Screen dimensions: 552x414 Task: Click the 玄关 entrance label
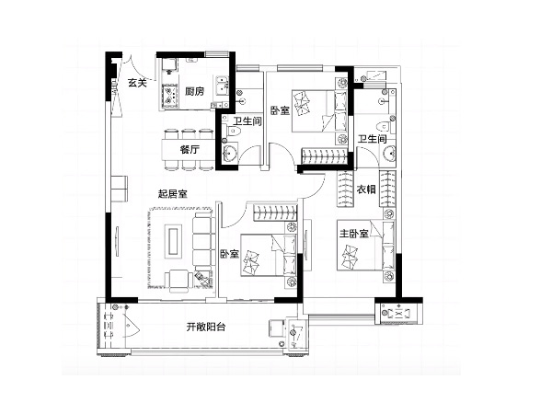136,83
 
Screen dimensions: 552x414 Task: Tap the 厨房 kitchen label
194,91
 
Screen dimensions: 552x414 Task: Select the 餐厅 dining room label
190,150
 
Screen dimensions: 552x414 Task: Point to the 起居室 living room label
173,193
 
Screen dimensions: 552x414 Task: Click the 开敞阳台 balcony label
206,327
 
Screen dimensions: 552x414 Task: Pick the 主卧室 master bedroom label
354,234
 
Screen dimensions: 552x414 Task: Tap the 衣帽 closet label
366,190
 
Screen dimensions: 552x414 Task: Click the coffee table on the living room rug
173,241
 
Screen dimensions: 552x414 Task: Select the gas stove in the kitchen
169,96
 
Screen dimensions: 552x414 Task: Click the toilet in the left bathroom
234,132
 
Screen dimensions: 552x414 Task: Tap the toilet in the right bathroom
385,126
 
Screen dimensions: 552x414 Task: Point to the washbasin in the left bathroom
230,153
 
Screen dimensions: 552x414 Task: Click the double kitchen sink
222,86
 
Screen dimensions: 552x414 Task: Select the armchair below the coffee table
178,281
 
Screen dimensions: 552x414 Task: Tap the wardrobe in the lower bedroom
276,213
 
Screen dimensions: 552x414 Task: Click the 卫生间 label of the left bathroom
247,121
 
